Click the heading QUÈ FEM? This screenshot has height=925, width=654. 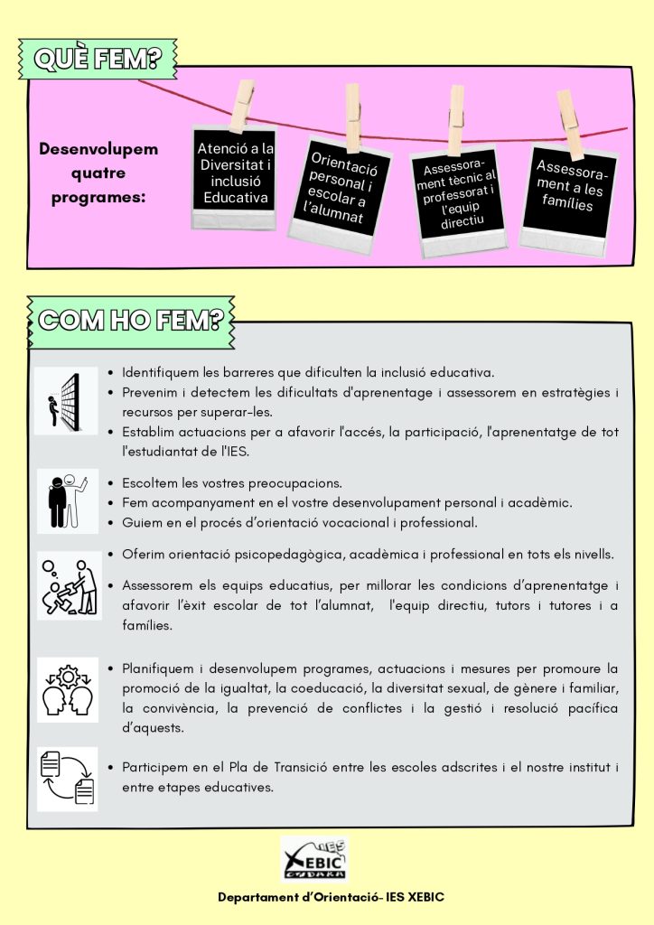(x=98, y=60)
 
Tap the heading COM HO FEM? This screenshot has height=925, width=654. (x=132, y=319)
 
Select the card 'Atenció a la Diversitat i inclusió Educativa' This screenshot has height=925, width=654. (x=235, y=174)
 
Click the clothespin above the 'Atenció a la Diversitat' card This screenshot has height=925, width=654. (x=242, y=105)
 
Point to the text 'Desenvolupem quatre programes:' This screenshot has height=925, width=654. (x=98, y=172)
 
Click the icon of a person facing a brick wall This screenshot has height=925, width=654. (x=67, y=401)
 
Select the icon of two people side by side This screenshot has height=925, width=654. (x=67, y=500)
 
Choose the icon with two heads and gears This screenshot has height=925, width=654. (x=67, y=689)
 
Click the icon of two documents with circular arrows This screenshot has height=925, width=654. (x=67, y=778)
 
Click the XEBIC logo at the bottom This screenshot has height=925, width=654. (x=313, y=858)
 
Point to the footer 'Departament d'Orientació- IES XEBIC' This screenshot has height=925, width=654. (x=331, y=898)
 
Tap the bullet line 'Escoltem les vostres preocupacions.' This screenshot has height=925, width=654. (x=232, y=482)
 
